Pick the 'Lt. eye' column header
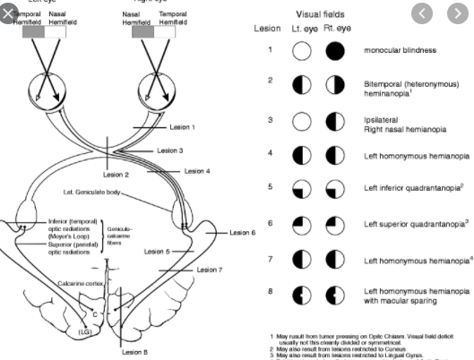point(303,29)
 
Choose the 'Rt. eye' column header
point(338,29)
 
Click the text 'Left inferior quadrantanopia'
point(404,190)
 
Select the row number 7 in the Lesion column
point(269,259)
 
